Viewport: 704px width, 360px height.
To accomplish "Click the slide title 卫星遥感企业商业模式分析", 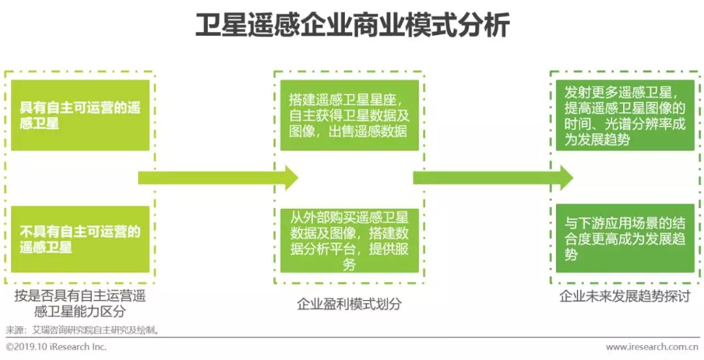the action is pos(352,26).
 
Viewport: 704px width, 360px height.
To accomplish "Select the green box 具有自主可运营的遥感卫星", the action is pos(80,115).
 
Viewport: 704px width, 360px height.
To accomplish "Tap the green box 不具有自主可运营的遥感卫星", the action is pos(80,239).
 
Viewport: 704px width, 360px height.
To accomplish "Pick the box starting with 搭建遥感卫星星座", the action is pos(349,115).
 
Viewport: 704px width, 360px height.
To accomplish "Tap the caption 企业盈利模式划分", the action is pos(349,303).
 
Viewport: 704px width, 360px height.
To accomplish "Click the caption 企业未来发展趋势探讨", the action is pos(624,296).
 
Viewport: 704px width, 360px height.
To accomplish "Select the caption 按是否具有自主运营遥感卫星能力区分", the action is pos(80,303).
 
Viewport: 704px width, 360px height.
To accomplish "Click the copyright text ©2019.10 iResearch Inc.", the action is pos(56,347).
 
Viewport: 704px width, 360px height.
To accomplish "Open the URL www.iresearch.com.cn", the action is pos(653,347).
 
